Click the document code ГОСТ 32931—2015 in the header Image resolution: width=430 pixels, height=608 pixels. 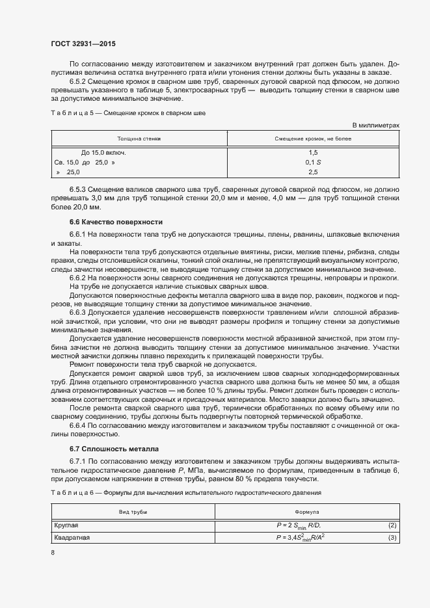pos(84,44)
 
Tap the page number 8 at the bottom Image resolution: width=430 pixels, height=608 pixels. pos(53,553)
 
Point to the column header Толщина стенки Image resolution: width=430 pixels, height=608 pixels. pos(139,139)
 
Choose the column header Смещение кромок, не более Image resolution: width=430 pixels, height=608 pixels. pos(313,139)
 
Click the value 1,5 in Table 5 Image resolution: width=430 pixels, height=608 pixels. pos(313,152)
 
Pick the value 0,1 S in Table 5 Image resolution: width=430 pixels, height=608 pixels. pos(313,162)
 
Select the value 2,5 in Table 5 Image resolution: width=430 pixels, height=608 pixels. pos(313,172)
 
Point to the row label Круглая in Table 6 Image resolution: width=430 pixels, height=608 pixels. pos(66,525)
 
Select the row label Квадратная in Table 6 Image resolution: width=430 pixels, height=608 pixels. pos(72,538)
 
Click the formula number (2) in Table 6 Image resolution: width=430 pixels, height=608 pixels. pos(392,525)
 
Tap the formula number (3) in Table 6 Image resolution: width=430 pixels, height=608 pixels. pos(392,538)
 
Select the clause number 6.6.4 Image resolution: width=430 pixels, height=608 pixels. pos(79,425)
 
